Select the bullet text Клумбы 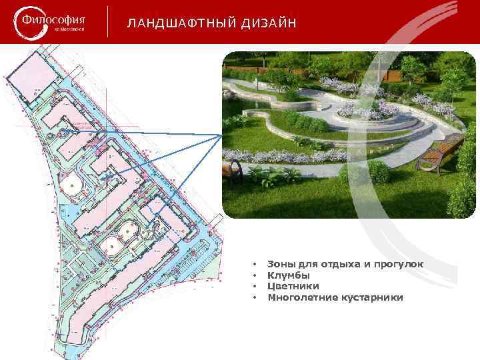[289, 275]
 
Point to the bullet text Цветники [293, 286]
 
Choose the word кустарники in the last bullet [374, 297]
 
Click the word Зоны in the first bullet [281, 265]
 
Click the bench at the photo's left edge [233, 171]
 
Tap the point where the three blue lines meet [222, 135]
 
